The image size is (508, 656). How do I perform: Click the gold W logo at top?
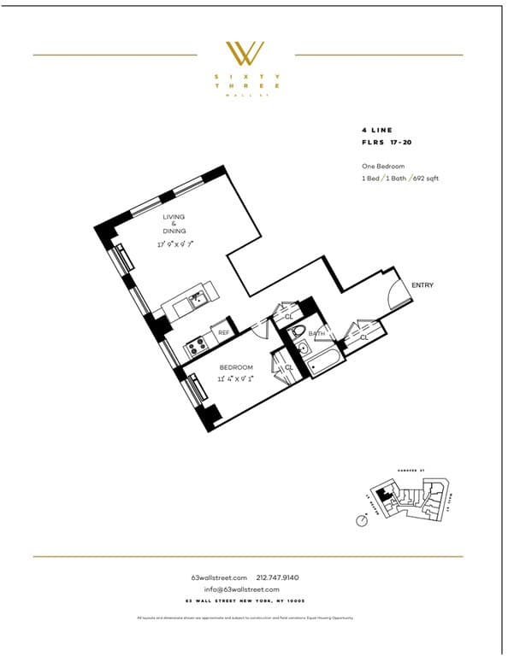coord(244,53)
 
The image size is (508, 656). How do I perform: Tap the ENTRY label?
coord(422,284)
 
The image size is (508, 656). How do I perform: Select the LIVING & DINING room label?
coord(174,225)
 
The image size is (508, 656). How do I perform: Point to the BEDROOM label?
coord(236,367)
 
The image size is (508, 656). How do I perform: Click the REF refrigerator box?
coord(224,333)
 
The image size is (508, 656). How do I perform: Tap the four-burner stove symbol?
coord(196,346)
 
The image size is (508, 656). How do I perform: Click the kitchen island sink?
coord(197,298)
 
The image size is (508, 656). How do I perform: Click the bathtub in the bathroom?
coord(323,365)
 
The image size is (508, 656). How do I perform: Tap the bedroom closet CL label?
coord(289,367)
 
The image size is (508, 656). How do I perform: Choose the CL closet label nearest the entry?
coord(363,337)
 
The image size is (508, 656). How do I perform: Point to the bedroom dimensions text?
coord(235,377)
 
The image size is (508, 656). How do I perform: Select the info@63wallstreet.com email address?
coord(242,589)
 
